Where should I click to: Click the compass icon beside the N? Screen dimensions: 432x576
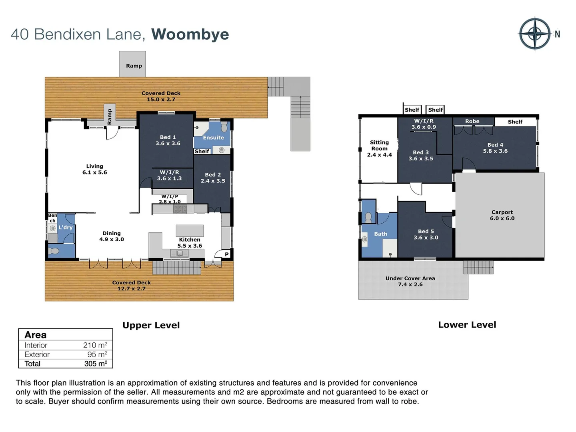pyautogui.click(x=535, y=34)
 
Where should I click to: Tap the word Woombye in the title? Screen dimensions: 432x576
pyautogui.click(x=190, y=34)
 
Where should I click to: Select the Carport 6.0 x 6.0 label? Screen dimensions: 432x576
pyautogui.click(x=502, y=215)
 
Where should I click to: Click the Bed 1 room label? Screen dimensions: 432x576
pyautogui.click(x=168, y=140)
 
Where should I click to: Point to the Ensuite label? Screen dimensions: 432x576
pyautogui.click(x=213, y=138)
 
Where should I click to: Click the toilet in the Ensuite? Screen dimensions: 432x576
pyautogui.click(x=224, y=127)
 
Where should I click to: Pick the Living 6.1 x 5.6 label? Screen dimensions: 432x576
pyautogui.click(x=95, y=169)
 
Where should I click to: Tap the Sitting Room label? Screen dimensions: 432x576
pyautogui.click(x=379, y=148)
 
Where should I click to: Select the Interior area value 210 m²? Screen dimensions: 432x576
pyautogui.click(x=95, y=345)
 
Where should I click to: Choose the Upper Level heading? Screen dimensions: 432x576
pyautogui.click(x=151, y=325)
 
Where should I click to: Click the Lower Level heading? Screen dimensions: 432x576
pyautogui.click(x=467, y=325)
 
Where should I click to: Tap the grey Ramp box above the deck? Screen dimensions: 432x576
pyautogui.click(x=132, y=64)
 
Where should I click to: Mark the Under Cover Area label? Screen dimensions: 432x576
pyautogui.click(x=410, y=281)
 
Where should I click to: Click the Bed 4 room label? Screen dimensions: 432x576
pyautogui.click(x=495, y=148)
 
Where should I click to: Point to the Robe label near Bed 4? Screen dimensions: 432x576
pyautogui.click(x=472, y=121)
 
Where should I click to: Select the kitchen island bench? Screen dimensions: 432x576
pyautogui.click(x=190, y=230)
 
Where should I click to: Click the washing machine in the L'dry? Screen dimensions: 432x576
pyautogui.click(x=52, y=228)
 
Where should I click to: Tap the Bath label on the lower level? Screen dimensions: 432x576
pyautogui.click(x=380, y=234)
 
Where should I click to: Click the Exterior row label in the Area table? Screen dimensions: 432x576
pyautogui.click(x=37, y=354)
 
